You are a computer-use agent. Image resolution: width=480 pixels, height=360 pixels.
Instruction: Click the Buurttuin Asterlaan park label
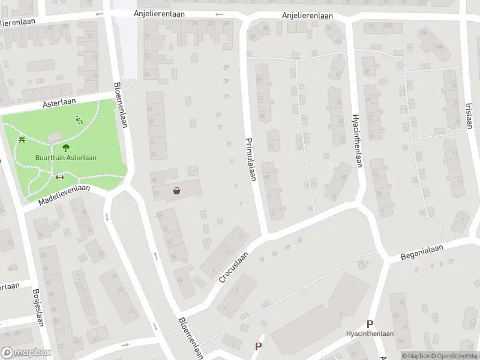pyautogui.click(x=65, y=158)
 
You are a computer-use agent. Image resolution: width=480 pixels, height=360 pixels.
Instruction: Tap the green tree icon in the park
pyautogui.click(x=65, y=147)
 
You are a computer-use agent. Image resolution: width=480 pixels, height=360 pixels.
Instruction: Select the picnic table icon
pyautogui.click(x=22, y=140)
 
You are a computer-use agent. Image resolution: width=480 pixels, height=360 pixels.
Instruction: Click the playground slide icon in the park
pyautogui.click(x=79, y=120)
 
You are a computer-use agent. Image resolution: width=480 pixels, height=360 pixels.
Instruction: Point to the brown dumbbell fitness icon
pyautogui.click(x=59, y=177)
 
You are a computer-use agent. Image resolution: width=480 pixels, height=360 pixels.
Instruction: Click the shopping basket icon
pyautogui.click(x=178, y=191)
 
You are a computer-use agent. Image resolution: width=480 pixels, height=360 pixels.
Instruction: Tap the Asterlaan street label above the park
pyautogui.click(x=57, y=103)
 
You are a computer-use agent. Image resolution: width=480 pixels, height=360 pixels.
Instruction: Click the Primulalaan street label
pyautogui.click(x=251, y=160)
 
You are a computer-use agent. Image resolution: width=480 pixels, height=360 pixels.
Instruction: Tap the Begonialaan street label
pyautogui.click(x=422, y=252)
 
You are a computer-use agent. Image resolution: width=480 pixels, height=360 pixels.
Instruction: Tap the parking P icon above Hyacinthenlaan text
pyautogui.click(x=370, y=323)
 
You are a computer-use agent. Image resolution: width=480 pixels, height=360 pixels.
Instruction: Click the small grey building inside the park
pyautogui.click(x=54, y=137)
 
